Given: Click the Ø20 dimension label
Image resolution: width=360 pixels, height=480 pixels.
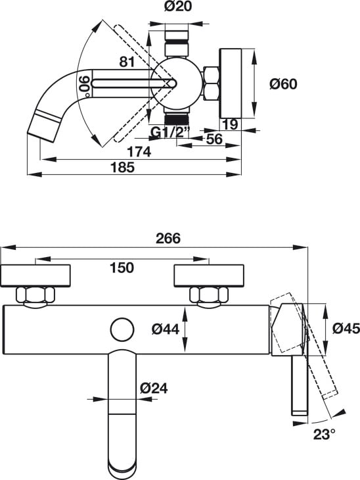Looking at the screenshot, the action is click(x=178, y=6).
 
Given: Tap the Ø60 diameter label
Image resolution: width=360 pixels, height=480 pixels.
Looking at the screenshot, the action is click(x=283, y=84).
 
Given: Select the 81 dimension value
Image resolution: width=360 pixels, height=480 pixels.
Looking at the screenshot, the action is click(x=127, y=62).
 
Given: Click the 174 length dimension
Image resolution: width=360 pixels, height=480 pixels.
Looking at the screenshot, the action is click(x=139, y=152).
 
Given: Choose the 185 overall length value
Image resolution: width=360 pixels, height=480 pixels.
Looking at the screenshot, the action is click(x=122, y=167).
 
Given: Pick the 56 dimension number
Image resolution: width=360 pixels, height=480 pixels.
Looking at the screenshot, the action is click(x=214, y=139).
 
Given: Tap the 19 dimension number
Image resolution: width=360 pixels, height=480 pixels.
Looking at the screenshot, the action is click(x=230, y=124).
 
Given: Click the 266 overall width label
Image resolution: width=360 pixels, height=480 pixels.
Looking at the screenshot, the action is click(x=168, y=239).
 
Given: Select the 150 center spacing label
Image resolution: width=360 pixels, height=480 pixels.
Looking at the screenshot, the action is click(x=122, y=268).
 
